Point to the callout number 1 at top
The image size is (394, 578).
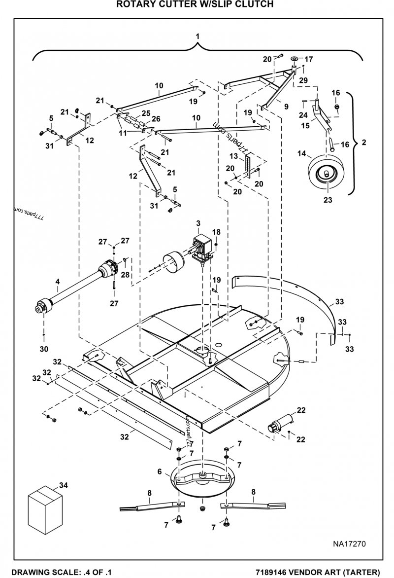point(197,36)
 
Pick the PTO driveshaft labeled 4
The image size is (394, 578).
point(74,290)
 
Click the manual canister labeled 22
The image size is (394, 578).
point(280,424)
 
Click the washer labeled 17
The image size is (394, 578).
point(294,59)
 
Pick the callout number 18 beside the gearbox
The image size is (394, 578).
point(216,232)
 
